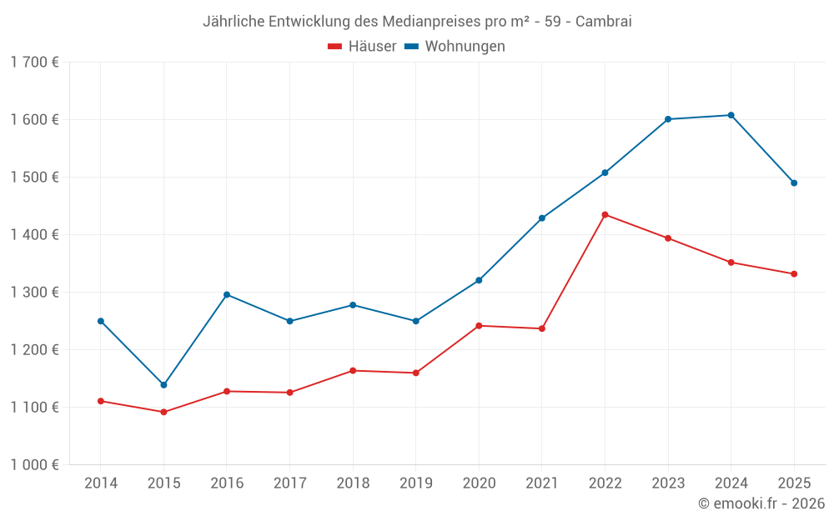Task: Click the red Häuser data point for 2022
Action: point(605,215)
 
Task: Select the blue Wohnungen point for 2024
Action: point(731,115)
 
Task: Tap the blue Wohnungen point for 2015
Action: point(163,385)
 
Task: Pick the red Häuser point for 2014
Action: point(101,401)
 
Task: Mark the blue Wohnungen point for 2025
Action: point(794,183)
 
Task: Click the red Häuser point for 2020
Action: point(479,326)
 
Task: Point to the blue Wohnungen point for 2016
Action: point(227,295)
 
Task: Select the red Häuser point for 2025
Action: point(794,274)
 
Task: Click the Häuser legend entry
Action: point(362,47)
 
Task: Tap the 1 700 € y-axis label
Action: point(34,63)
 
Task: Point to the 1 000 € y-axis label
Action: point(34,465)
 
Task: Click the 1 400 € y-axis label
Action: point(34,235)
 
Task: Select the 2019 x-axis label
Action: point(415,483)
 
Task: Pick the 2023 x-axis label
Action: point(668,483)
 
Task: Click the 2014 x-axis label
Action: point(101,483)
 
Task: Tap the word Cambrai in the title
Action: point(604,22)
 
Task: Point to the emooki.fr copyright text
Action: point(761,503)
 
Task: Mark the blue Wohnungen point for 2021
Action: point(542,218)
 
